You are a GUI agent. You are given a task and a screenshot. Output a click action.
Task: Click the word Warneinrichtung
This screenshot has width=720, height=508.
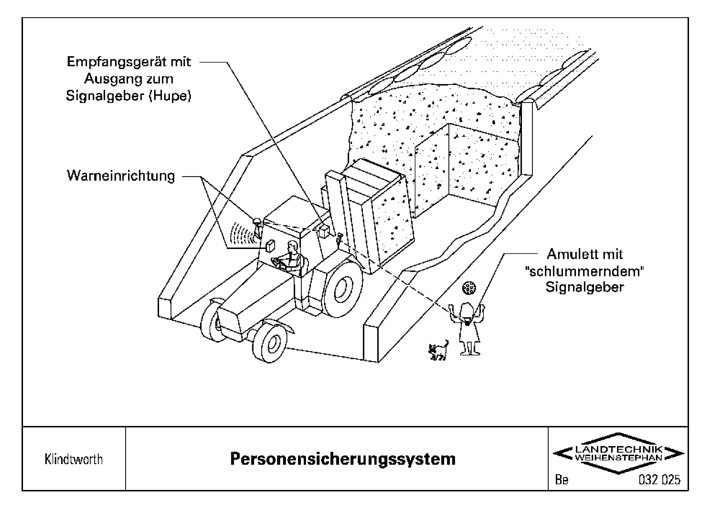click(x=121, y=176)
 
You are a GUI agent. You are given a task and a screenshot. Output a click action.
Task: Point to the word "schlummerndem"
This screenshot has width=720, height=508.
click(x=585, y=271)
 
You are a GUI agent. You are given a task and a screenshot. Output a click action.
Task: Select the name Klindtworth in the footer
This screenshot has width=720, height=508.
click(x=74, y=459)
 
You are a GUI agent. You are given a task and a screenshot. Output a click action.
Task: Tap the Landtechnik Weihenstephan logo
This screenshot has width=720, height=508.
click(x=618, y=453)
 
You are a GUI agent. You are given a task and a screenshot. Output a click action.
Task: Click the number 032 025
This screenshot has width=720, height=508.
click(x=659, y=480)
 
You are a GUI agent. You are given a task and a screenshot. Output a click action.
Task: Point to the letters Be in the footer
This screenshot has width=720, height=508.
click(x=561, y=480)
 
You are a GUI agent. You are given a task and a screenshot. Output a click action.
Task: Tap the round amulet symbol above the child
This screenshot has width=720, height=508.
click(x=469, y=288)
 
